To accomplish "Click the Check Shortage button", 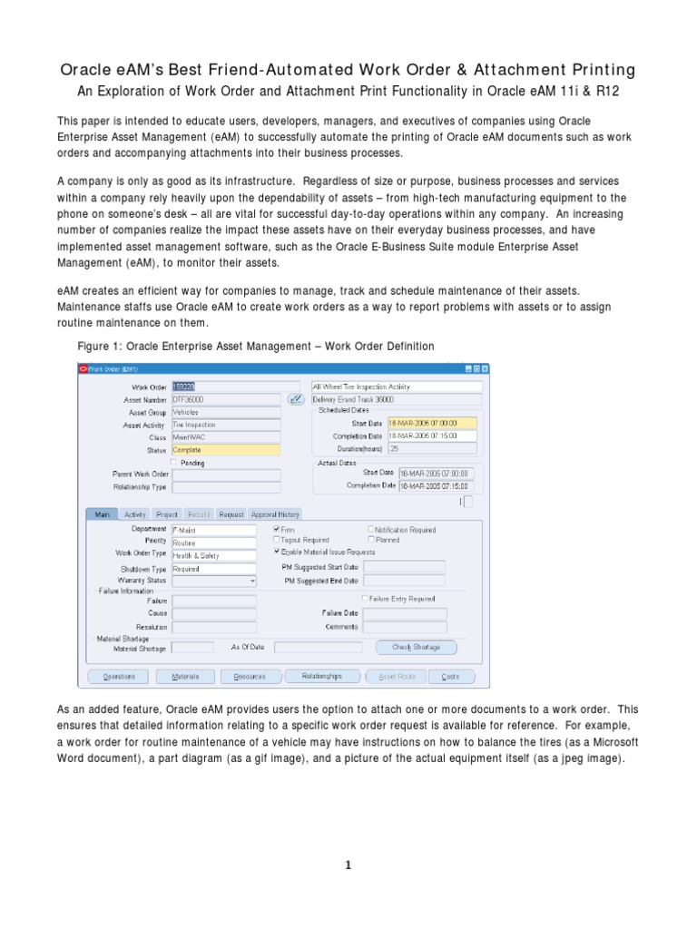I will pos(416,647).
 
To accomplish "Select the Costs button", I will pos(450,676).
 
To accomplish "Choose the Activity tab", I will pos(135,514).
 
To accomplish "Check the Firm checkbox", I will pos(278,529).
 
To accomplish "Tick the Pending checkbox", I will pos(174,462).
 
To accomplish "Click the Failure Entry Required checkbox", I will pos(365,599).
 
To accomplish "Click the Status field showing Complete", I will pos(225,450).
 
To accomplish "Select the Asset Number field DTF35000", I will pos(225,399).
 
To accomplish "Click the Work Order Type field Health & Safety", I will pos(213,555).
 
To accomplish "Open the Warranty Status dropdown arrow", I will pos(251,580).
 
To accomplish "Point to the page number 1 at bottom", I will pos(348,865).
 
